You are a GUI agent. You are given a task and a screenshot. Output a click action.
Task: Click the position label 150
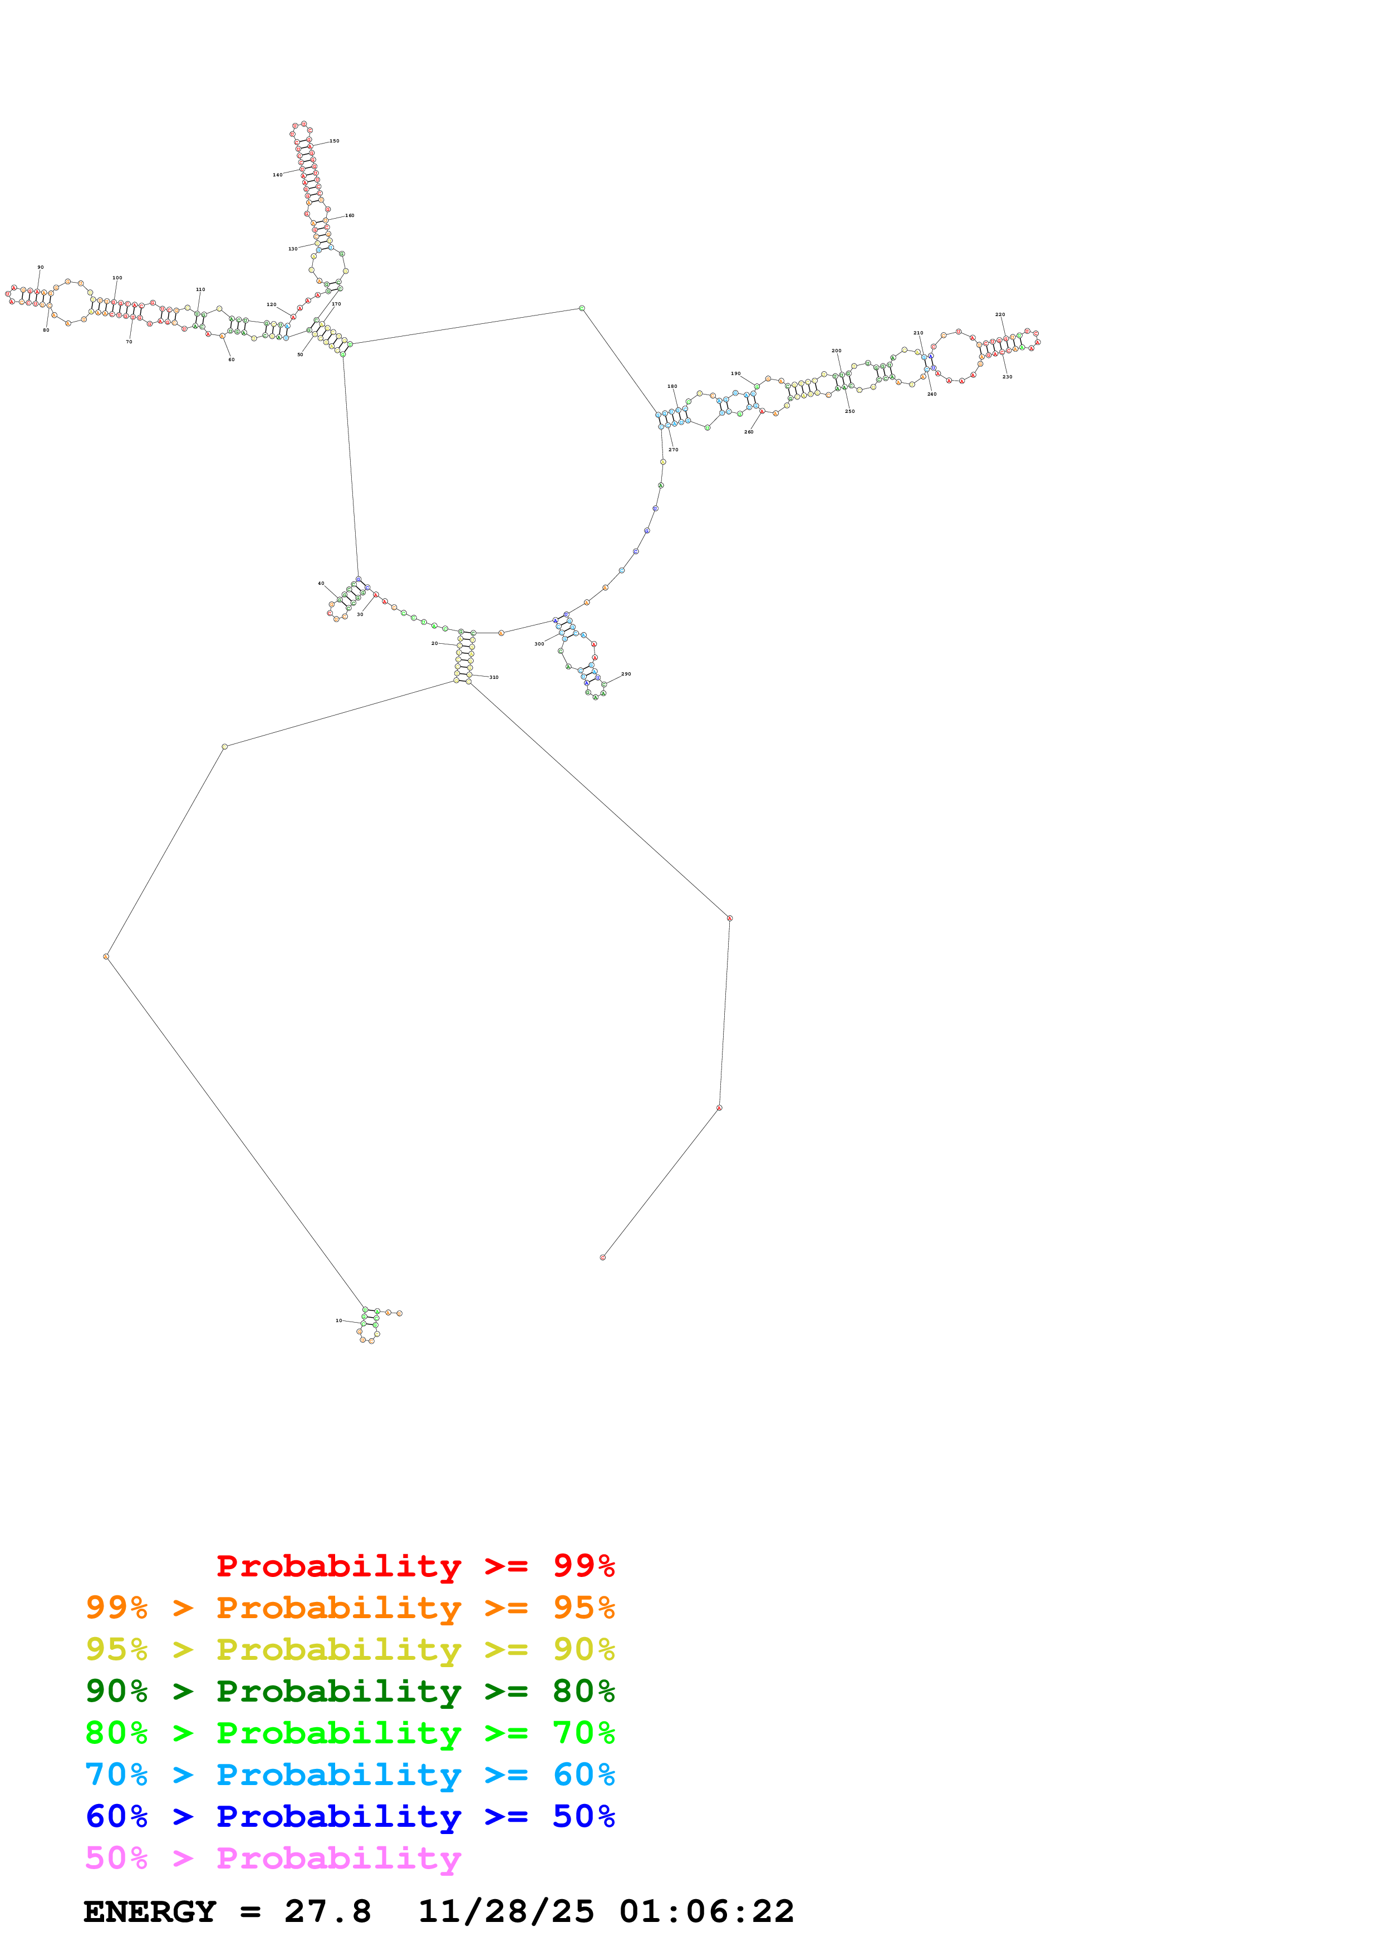pyautogui.click(x=334, y=141)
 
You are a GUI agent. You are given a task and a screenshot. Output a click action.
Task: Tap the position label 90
pyautogui.click(x=40, y=268)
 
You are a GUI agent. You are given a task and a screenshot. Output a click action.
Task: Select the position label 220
pyautogui.click(x=1000, y=314)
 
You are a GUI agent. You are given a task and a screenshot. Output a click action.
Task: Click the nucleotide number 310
pyautogui.click(x=493, y=678)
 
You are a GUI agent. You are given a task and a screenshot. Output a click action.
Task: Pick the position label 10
pyautogui.click(x=338, y=1320)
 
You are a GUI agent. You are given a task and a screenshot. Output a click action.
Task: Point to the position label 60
pyautogui.click(x=231, y=359)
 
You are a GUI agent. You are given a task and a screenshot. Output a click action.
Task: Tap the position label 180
pyautogui.click(x=672, y=387)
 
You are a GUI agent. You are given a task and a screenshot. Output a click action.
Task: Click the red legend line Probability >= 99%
pyautogui.click(x=415, y=1566)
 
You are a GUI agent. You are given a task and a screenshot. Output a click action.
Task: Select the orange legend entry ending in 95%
pyautogui.click(x=350, y=1608)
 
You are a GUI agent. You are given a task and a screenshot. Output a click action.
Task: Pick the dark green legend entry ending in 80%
pyautogui.click(x=350, y=1691)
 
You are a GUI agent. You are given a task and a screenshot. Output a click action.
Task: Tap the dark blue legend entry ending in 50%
pyautogui.click(x=350, y=1816)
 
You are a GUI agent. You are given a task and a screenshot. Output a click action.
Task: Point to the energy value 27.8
pyautogui.click(x=327, y=1911)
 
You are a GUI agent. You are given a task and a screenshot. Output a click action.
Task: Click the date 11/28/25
pyautogui.click(x=506, y=1911)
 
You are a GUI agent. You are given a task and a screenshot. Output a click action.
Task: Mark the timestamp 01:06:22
pyautogui.click(x=706, y=1911)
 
